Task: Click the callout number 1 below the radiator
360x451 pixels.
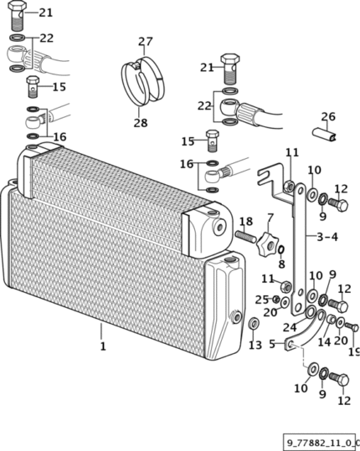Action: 103,346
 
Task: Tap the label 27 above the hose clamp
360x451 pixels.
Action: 145,42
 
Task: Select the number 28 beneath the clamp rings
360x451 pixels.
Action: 141,123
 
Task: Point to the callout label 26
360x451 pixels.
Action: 328,116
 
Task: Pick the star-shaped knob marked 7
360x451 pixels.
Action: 268,245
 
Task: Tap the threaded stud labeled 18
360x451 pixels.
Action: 246,237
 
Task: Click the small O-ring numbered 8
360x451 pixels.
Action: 280,250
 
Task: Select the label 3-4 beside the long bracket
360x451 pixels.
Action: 327,237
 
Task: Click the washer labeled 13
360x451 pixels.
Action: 254,324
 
